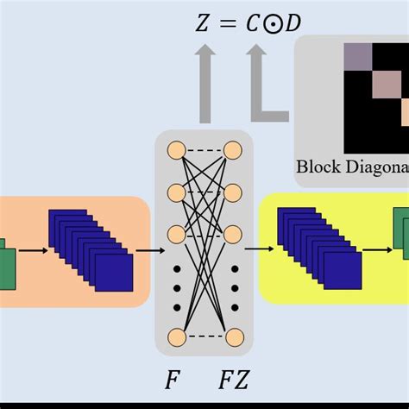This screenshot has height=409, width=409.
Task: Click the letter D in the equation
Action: tap(294, 24)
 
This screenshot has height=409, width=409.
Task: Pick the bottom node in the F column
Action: tap(176, 337)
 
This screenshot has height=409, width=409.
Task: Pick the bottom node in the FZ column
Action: tap(232, 337)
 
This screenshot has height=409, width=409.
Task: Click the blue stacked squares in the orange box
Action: tap(91, 250)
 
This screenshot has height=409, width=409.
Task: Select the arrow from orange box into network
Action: tap(149, 251)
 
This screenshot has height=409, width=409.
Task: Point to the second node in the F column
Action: tap(176, 192)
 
